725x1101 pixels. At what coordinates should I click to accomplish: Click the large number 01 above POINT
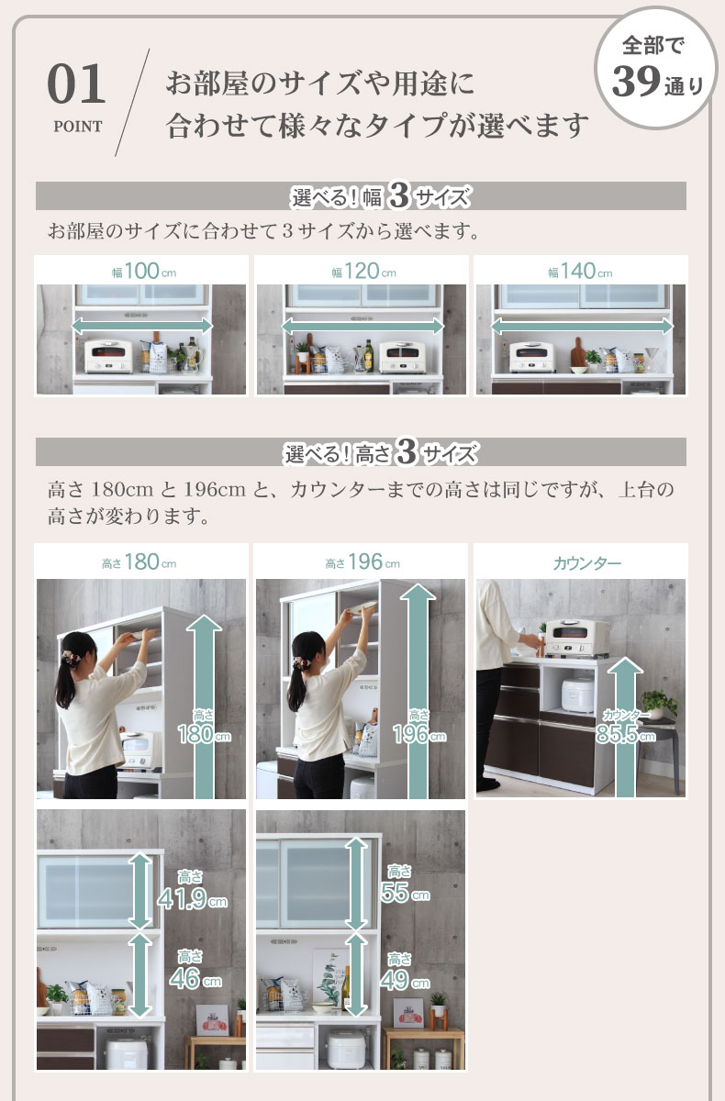tap(76, 84)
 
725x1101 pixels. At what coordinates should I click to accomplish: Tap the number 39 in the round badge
tap(636, 82)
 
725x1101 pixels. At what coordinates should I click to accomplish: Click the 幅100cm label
tap(143, 271)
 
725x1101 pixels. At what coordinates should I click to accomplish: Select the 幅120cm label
tap(363, 271)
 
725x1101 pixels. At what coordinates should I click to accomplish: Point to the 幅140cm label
tap(581, 271)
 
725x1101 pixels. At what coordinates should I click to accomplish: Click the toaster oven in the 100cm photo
tap(108, 355)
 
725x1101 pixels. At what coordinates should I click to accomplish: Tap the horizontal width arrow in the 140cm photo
tap(582, 326)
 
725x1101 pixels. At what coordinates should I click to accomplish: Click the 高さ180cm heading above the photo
tap(139, 562)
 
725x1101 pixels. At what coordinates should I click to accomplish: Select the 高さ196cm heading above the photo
tap(362, 562)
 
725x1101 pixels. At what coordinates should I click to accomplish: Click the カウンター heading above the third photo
tap(587, 562)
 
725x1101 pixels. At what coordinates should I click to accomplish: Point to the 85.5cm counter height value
tap(625, 734)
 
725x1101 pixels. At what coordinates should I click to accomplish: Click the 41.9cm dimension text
tap(192, 899)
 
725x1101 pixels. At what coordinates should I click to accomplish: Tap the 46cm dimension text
tap(195, 979)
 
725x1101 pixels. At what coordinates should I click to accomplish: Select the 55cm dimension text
tap(405, 893)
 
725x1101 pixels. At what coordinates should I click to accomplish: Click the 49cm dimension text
tap(405, 981)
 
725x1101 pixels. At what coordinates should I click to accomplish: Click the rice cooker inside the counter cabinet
tap(577, 694)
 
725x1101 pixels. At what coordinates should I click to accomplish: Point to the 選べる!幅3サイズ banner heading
tap(381, 196)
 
